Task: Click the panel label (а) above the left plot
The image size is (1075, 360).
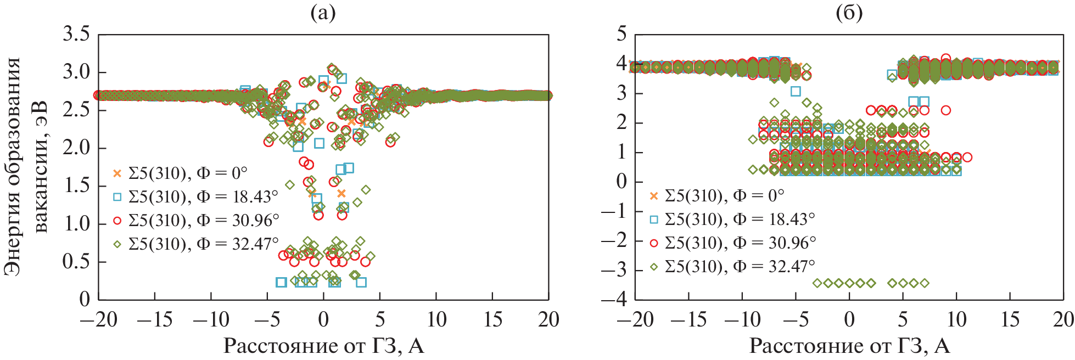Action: tap(323, 13)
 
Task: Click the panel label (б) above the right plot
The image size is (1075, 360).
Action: tap(849, 13)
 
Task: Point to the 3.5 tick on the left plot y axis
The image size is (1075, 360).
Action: tap(76, 35)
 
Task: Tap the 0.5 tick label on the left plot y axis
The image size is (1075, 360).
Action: tap(76, 261)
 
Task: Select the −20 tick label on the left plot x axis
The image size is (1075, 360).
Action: tap(98, 320)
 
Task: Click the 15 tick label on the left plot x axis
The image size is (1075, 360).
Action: tap(492, 320)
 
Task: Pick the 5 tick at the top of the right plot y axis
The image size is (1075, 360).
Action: tap(622, 34)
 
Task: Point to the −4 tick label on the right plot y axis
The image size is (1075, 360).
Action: tap(614, 300)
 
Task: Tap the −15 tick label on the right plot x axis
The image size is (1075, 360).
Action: tap(688, 320)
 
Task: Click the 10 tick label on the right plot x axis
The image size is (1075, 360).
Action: tap(956, 320)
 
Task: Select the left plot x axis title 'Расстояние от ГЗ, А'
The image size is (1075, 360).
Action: tap(323, 346)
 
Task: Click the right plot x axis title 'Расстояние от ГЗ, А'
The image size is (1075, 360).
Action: tap(849, 346)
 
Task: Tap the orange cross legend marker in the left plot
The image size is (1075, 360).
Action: tap(117, 173)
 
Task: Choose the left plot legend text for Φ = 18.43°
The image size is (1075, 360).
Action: tap(203, 196)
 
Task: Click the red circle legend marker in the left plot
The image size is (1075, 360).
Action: tap(117, 220)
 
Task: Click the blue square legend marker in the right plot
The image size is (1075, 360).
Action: tap(653, 220)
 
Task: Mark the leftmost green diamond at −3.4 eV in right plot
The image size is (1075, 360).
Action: tap(818, 283)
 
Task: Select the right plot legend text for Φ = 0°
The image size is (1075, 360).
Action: tap(724, 196)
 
